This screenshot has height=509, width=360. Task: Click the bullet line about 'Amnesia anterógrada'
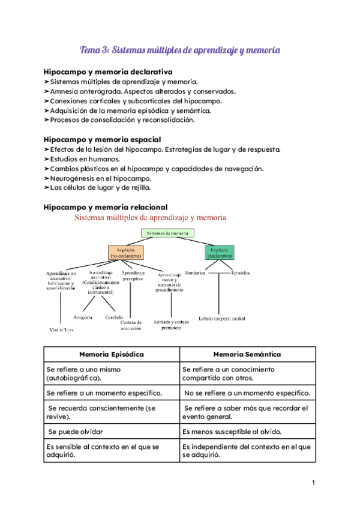coord(142,91)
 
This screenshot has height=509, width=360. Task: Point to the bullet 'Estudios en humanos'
coord(85,159)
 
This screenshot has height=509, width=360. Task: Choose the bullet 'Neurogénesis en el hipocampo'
coord(100,178)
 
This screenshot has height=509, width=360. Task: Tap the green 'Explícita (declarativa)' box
coord(219,252)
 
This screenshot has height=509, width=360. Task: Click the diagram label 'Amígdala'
coord(82,317)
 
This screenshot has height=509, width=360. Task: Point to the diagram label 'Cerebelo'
coord(114,317)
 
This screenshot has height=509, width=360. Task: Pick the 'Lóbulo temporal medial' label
coord(222,318)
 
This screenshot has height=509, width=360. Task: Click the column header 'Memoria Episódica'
coord(112,354)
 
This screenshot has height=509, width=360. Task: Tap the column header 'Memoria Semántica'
coord(247,354)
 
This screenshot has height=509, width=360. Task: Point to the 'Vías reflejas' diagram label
coord(61,330)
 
